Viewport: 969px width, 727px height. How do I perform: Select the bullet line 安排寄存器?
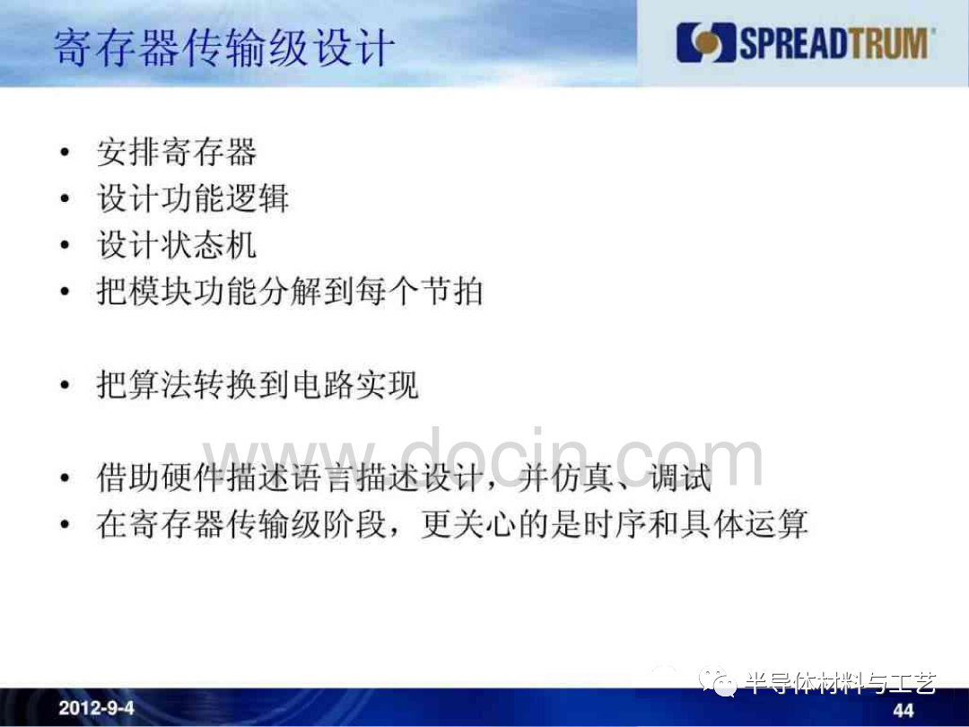177,152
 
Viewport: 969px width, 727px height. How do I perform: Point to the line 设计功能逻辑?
193,198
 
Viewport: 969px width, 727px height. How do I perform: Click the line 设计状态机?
177,245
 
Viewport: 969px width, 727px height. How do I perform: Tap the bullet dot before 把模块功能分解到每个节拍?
65,291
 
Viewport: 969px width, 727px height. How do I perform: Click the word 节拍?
451,291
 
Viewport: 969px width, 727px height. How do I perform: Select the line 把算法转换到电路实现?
258,384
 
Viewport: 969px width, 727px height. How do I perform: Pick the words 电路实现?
355,384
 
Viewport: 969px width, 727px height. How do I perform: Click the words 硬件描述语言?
257,477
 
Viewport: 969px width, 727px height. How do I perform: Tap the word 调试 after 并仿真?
680,477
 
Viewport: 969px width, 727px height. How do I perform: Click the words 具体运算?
744,524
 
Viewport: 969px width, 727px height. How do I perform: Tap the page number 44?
904,710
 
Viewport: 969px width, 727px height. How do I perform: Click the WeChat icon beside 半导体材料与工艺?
718,681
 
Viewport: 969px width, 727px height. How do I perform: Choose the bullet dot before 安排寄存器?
65,152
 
